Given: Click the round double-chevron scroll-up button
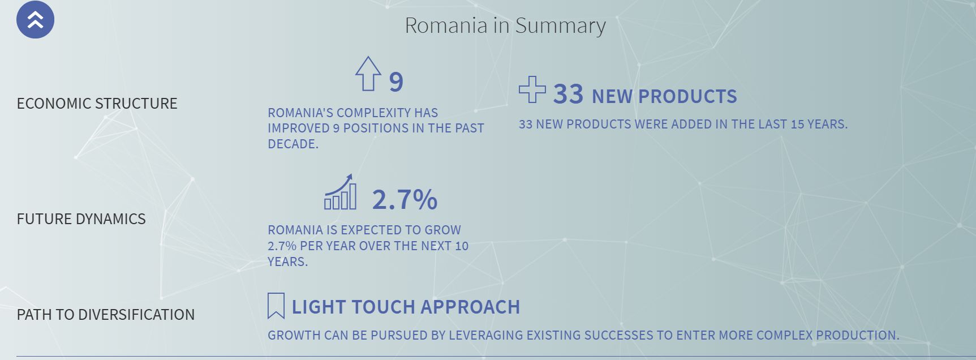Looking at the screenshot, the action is point(35,20).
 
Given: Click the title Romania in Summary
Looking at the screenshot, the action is point(505,25).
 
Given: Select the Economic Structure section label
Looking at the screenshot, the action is point(97,104).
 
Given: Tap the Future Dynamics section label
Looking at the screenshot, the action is point(81,219).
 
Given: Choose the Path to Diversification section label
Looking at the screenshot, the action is point(106,315).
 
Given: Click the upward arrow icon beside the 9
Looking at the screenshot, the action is point(368,74).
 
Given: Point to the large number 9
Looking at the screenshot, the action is point(396,82).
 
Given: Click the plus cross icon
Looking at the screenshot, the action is point(532,89).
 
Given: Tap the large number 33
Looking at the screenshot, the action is point(568,94).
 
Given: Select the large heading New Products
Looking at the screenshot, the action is point(664,97).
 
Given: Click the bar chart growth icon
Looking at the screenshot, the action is point(341,192).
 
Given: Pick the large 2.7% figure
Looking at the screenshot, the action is point(405,200).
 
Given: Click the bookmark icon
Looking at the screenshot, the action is point(276,306).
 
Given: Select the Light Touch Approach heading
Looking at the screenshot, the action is point(406,307).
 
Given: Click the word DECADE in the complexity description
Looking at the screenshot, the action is point(293,144).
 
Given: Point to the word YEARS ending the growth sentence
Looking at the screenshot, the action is point(288,262).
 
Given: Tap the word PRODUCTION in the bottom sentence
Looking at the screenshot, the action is point(857,336).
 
